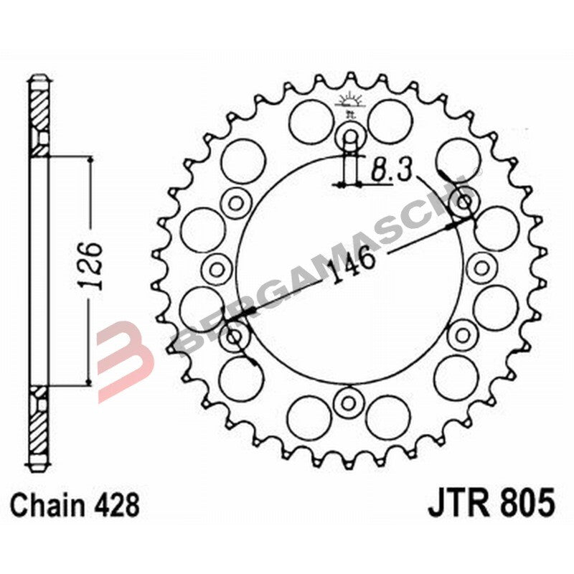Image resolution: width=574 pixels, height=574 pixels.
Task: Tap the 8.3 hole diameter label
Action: (392, 171)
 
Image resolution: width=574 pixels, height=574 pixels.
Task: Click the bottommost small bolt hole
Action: (349, 400)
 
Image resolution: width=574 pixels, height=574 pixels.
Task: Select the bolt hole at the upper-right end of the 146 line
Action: (464, 202)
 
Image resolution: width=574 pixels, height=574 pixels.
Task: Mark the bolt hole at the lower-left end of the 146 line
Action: (235, 336)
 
